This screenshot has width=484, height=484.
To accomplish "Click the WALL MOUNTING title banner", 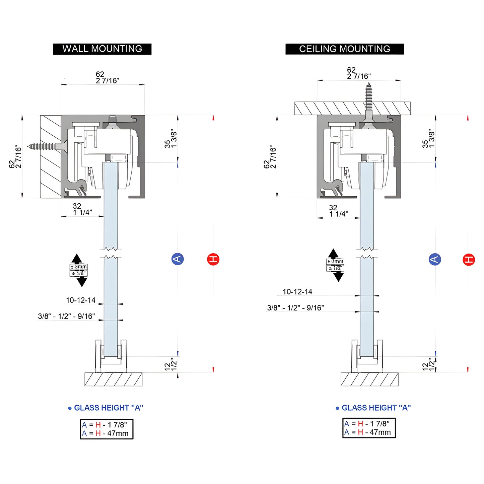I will [x=102, y=49].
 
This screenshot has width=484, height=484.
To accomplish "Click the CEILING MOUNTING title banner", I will [x=344, y=49].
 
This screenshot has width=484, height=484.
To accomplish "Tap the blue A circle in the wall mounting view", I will [x=178, y=259].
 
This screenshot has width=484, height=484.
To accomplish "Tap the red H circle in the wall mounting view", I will [x=213, y=259].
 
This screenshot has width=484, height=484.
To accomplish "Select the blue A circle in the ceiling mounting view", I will [x=435, y=259].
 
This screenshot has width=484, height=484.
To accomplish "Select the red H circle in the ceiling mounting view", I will [x=469, y=260].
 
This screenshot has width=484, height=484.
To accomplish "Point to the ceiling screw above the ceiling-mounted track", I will [x=368, y=100].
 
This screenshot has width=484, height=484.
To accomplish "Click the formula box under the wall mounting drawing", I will [x=107, y=429].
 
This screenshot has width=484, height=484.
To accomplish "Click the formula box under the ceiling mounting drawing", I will [x=369, y=428].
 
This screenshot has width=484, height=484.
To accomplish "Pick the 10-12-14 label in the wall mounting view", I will [x=81, y=300].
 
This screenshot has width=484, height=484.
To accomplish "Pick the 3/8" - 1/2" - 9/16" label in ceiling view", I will [x=295, y=308].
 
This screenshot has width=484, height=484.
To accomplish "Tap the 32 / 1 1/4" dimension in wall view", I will [x=82, y=209].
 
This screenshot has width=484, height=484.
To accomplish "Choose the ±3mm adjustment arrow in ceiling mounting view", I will [x=335, y=265].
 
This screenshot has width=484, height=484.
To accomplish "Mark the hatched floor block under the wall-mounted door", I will [x=113, y=379].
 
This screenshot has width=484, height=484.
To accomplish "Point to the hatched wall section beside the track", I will [x=51, y=156].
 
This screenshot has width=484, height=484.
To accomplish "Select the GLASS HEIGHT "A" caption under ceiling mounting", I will [x=373, y=408].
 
